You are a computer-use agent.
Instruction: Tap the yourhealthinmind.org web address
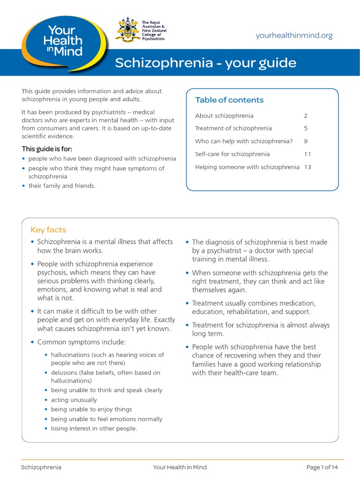294,36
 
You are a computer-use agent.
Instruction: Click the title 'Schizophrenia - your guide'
206,63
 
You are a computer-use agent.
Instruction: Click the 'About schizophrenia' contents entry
224,116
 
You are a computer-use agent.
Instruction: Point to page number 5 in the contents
305,128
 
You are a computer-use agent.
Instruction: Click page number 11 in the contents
307,154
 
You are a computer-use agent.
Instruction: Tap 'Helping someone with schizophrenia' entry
247,167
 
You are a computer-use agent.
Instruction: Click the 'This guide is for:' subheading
47,149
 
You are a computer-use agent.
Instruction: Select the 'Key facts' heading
48,230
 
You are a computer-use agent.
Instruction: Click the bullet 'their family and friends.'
62,186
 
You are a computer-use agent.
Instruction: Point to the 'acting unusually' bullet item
74,400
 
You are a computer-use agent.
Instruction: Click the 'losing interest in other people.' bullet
94,428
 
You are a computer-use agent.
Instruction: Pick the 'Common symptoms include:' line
82,342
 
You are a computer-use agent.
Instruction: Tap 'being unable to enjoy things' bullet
91,409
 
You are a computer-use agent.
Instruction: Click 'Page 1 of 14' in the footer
322,467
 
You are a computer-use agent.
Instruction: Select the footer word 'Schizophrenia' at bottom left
41,467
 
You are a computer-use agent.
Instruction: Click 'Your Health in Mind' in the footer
180,467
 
